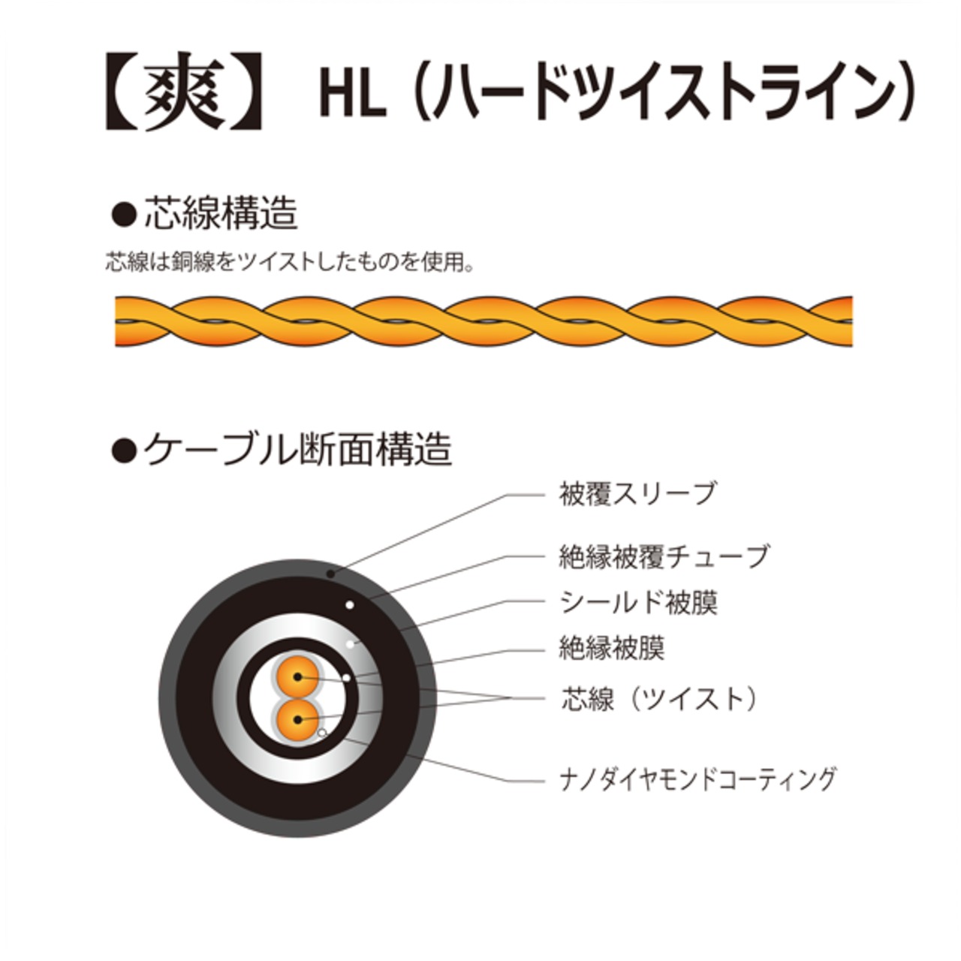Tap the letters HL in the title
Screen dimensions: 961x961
352,95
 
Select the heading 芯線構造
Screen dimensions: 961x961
221,213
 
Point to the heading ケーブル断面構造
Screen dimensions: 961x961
297,450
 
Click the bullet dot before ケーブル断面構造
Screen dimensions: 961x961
122,450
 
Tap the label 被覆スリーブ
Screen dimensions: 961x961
637,494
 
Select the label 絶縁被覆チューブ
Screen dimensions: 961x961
664,556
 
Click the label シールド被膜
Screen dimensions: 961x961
639,602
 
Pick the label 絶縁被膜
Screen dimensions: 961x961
612,647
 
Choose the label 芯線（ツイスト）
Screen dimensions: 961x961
660,699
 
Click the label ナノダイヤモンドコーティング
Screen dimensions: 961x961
697,779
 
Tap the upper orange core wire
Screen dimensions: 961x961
298,676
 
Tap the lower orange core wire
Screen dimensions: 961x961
298,719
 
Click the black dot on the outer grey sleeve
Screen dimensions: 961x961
330,574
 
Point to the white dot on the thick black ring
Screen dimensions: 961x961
348,604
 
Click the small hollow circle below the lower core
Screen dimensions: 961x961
322,732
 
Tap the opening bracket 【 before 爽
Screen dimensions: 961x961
122,92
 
